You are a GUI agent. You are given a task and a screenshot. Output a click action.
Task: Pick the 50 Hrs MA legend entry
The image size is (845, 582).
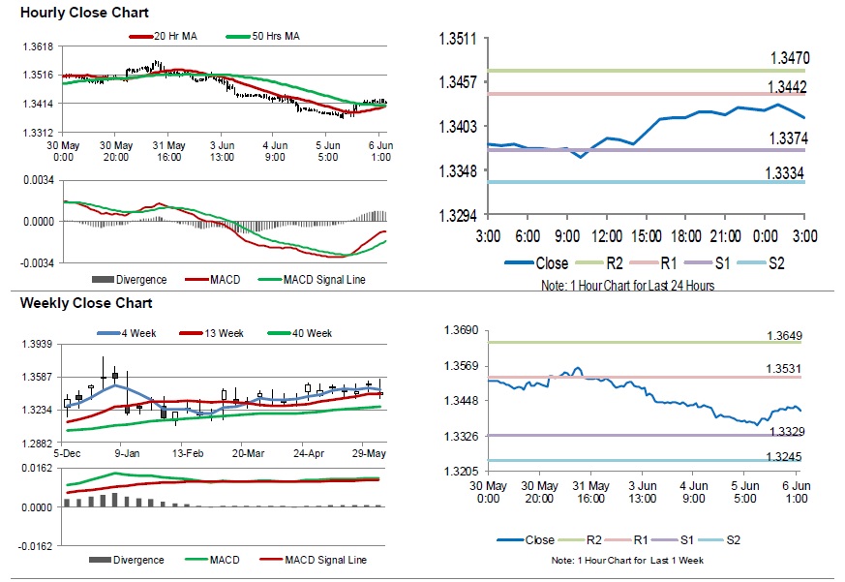tap(274, 37)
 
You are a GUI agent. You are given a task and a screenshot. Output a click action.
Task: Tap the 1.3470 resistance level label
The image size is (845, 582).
tap(789, 59)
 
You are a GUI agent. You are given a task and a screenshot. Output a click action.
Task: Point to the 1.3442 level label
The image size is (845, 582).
tap(789, 87)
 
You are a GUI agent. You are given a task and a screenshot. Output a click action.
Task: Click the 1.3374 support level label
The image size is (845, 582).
tap(789, 138)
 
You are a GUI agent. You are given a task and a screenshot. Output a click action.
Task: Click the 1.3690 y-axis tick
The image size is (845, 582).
tap(460, 331)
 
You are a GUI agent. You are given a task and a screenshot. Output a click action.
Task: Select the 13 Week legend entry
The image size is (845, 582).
tap(221, 333)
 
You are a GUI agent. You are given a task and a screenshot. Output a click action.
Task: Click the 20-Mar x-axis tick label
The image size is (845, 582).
tap(249, 452)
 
